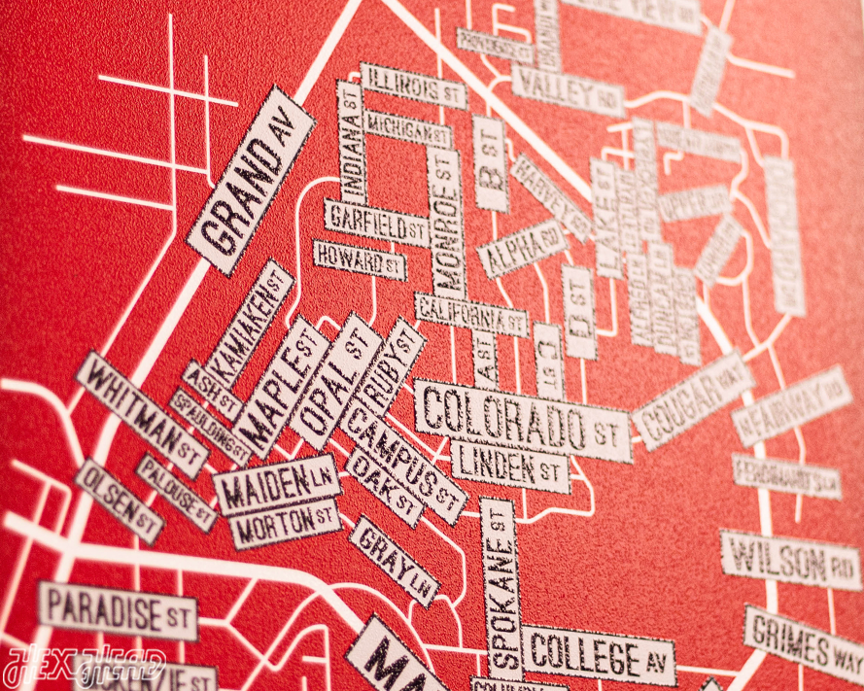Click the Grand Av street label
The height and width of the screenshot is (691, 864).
251,181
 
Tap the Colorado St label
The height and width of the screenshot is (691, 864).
523,420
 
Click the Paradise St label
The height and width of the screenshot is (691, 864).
117,609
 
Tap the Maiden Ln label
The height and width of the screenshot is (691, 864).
276,484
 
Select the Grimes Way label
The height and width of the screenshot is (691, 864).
804,642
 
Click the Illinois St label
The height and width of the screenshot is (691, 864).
413,86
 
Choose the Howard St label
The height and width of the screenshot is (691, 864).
359,259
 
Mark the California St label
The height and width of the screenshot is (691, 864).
470,314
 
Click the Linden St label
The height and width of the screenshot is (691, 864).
509,465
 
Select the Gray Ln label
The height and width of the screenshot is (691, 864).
394,560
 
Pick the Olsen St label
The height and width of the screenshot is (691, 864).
118,501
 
